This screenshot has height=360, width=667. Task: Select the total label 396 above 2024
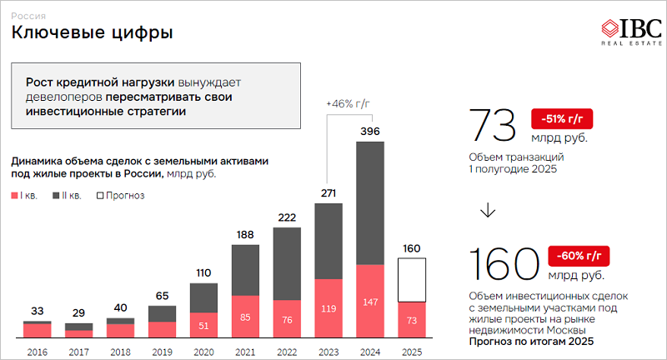[370, 132]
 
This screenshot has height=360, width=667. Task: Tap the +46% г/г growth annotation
[348, 102]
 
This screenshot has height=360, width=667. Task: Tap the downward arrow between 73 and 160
[489, 211]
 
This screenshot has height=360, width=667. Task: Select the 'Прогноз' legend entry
[121, 196]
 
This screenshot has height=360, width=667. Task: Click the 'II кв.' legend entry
[67, 196]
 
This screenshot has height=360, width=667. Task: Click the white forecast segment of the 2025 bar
[411, 280]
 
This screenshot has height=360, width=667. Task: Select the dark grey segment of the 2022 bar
[287, 263]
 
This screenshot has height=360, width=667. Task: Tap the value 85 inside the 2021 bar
[245, 317]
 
